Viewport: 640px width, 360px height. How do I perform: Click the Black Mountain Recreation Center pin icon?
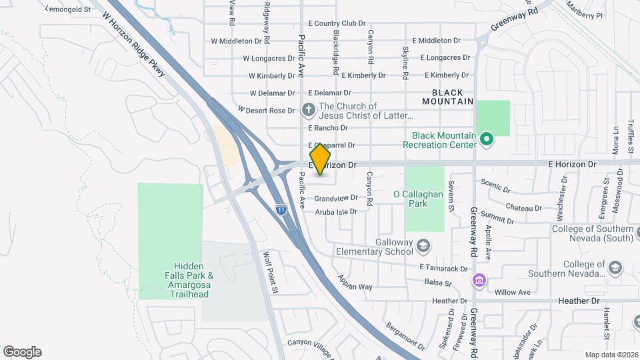click(x=487, y=139)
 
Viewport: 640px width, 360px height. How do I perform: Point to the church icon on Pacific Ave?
click(x=309, y=110)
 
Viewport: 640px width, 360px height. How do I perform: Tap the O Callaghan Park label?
click(x=419, y=199)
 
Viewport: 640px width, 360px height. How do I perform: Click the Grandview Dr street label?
click(x=336, y=198)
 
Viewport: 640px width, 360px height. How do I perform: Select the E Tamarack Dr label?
click(x=443, y=268)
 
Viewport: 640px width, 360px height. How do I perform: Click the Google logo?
click(x=22, y=352)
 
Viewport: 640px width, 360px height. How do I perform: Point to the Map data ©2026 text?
click(x=611, y=355)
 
